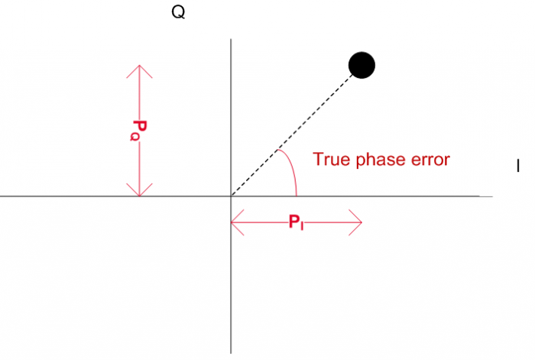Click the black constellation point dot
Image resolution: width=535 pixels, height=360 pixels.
(362, 65)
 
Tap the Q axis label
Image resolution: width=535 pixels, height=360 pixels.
(178, 12)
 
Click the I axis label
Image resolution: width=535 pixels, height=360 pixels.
(518, 166)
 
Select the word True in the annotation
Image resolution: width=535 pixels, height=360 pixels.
(331, 159)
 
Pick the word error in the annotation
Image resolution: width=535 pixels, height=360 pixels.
(430, 160)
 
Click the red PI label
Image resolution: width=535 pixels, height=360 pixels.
(297, 222)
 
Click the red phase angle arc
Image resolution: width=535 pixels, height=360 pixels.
(291, 167)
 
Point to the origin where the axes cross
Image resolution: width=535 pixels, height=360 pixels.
(231, 196)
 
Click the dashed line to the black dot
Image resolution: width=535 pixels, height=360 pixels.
(293, 135)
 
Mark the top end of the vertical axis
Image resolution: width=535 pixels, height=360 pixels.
(231, 39)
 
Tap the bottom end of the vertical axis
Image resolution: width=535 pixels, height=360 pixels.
(231, 354)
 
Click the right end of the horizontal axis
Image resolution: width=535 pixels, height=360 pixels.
(492, 196)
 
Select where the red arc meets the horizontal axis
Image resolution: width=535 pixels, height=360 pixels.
(297, 196)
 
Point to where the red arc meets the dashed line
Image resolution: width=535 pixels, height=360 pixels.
(277, 150)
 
